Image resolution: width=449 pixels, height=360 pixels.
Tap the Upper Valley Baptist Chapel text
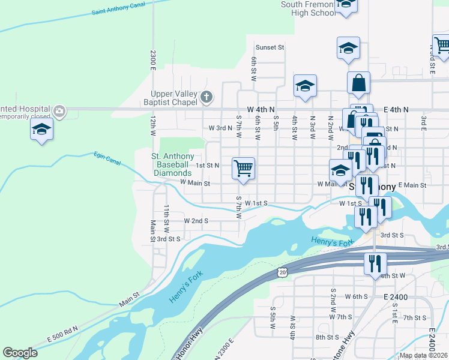(175, 97)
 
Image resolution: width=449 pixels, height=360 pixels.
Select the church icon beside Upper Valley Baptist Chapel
(207, 97)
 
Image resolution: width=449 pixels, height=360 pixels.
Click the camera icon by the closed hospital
(59, 110)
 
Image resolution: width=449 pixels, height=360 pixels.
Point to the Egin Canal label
(107, 158)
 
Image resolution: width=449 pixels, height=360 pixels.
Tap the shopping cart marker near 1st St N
(243, 168)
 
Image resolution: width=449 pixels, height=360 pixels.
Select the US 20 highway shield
(283, 272)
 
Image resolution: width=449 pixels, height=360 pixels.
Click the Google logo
(20, 353)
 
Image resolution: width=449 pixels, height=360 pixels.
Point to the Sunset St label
(270, 47)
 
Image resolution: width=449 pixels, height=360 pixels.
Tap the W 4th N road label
(259, 109)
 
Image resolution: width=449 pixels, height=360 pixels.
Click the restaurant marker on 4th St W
(375, 263)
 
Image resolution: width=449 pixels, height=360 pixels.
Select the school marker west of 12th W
(42, 129)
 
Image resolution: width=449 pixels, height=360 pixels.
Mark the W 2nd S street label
(196, 221)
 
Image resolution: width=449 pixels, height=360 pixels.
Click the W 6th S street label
(356, 296)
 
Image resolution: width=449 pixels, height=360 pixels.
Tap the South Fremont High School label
(308, 8)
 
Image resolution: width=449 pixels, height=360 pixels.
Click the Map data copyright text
(423, 355)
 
